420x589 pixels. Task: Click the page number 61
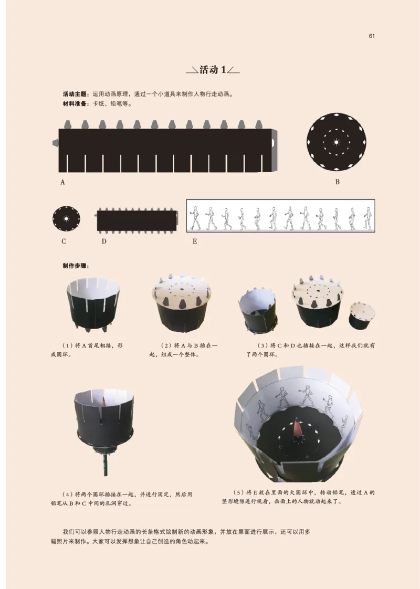click(x=371, y=36)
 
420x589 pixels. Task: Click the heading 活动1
click(x=212, y=70)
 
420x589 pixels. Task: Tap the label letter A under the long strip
click(x=62, y=182)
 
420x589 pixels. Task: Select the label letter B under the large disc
click(x=337, y=182)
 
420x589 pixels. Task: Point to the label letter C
click(x=63, y=241)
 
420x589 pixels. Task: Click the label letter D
click(x=104, y=241)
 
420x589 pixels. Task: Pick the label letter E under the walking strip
click(x=194, y=241)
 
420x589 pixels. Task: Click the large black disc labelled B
click(x=337, y=142)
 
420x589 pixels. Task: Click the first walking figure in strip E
click(x=195, y=217)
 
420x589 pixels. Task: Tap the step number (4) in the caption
click(x=67, y=494)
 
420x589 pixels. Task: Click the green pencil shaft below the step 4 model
click(x=105, y=465)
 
